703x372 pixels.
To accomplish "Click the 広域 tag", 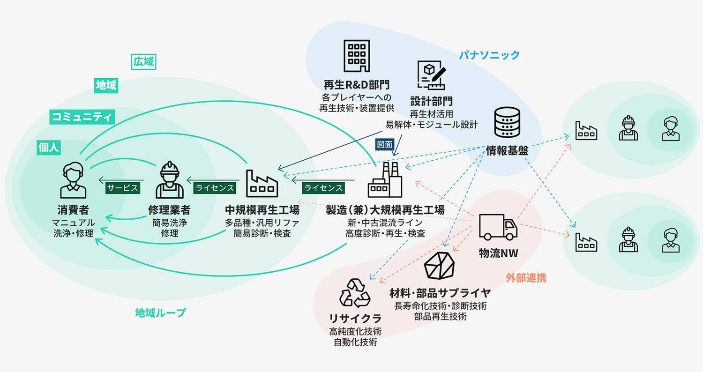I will (x=144, y=61).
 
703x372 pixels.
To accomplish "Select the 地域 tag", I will (x=106, y=85).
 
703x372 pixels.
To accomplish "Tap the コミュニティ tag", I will (x=82, y=117).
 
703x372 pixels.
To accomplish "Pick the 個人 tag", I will (x=49, y=148).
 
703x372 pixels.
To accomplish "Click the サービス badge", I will (x=122, y=188).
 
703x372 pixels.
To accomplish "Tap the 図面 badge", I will (x=384, y=145).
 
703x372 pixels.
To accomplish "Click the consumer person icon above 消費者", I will (x=73, y=180).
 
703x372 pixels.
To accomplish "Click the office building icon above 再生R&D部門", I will (x=357, y=56).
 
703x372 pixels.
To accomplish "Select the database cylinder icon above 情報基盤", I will (x=507, y=122).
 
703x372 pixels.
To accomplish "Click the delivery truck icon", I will (x=498, y=227).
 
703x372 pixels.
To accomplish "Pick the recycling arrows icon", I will (x=355, y=293).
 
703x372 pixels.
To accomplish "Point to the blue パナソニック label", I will (x=489, y=55).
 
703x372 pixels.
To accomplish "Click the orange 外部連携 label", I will (x=526, y=278).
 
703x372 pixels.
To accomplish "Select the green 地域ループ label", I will (x=160, y=312).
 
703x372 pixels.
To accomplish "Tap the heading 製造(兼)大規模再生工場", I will (x=385, y=209).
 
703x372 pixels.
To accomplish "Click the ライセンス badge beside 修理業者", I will (x=214, y=188).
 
